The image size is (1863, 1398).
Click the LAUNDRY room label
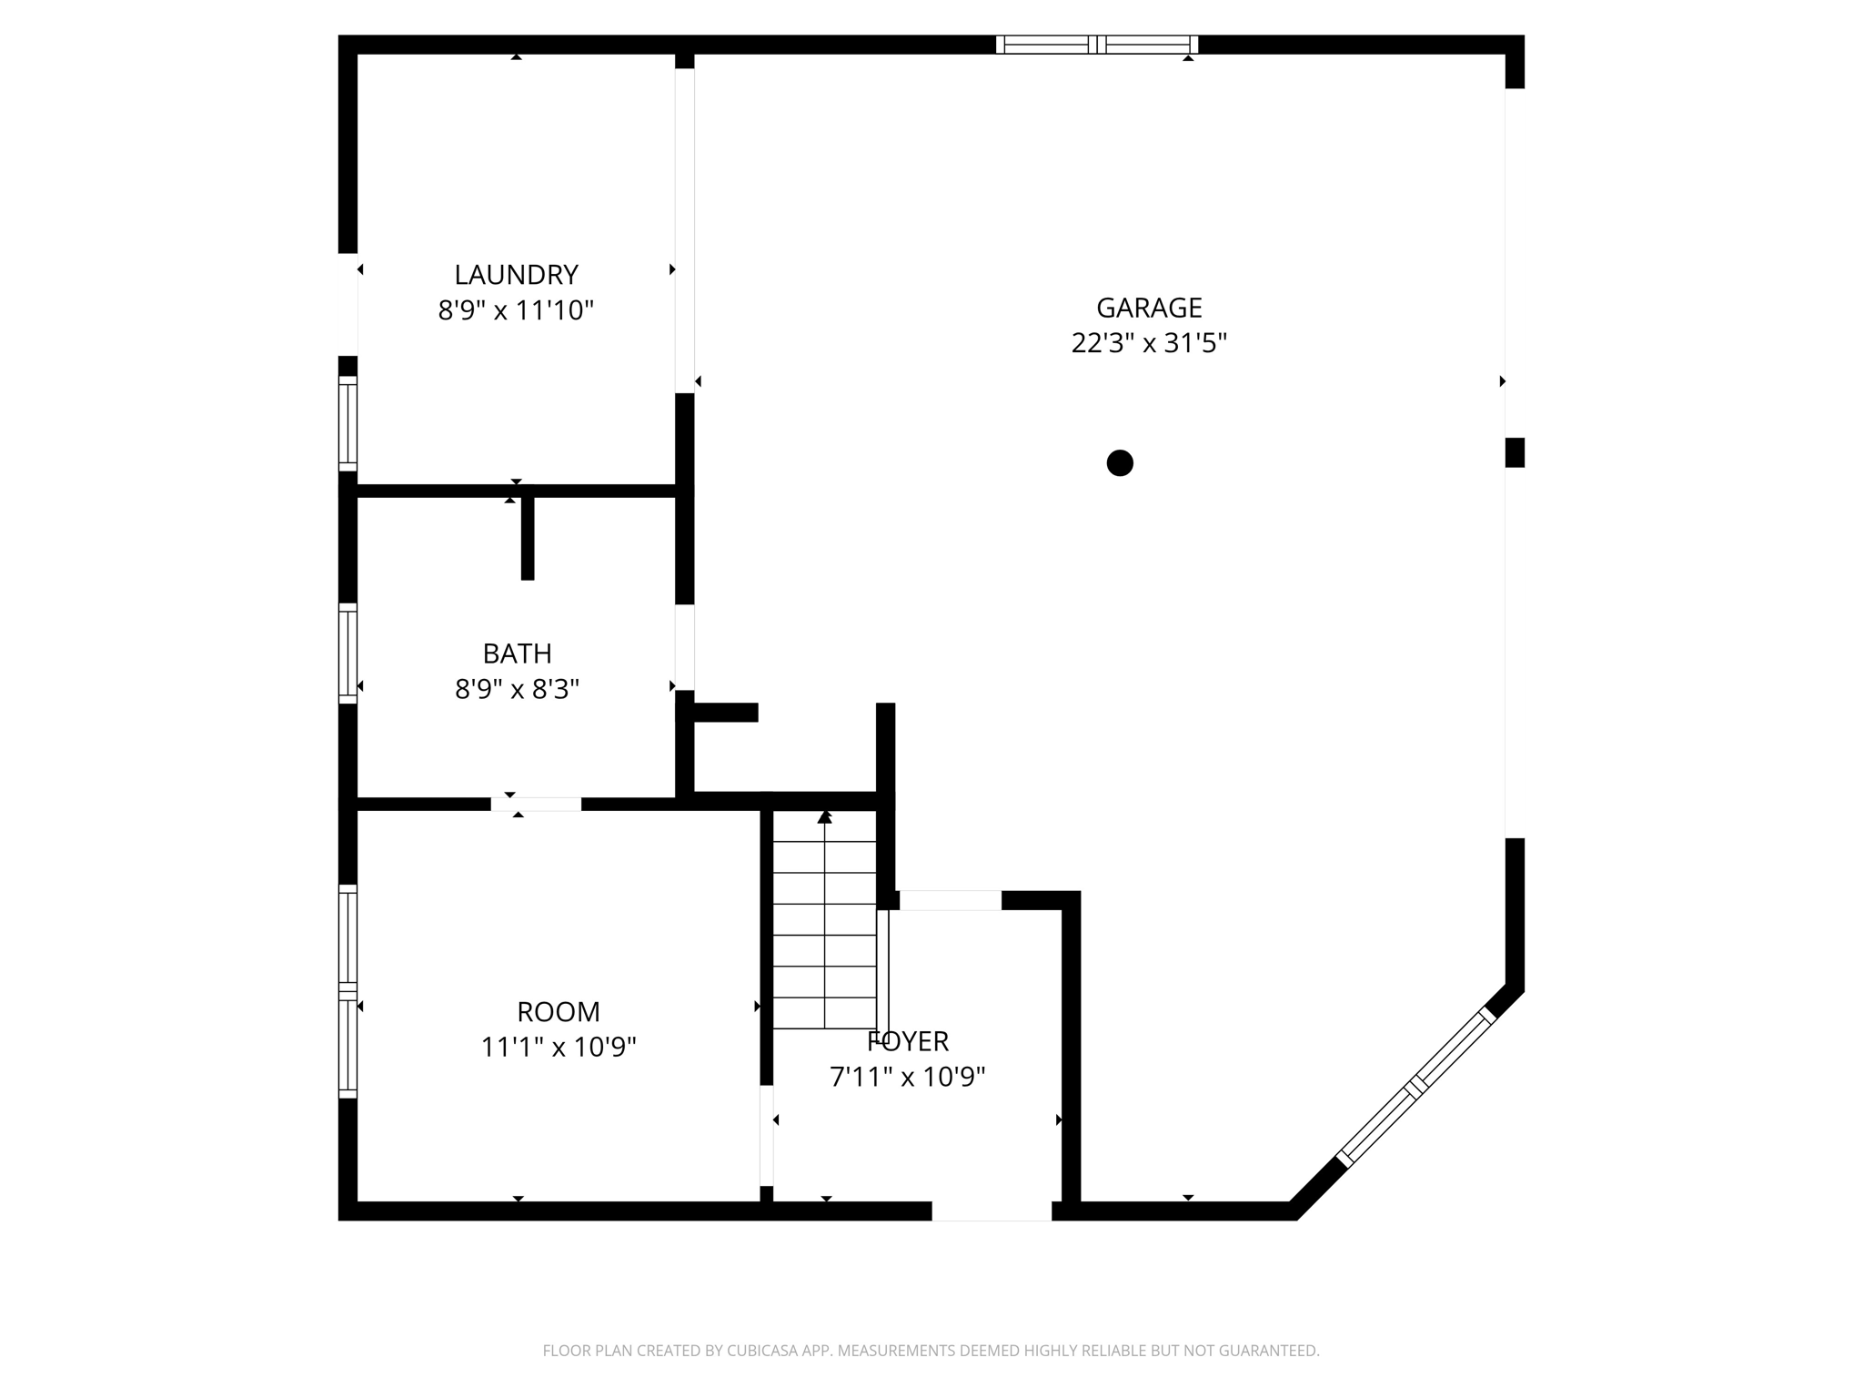(x=516, y=275)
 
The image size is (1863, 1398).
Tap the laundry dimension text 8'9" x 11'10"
(x=516, y=311)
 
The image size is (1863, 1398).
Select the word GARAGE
(x=1149, y=309)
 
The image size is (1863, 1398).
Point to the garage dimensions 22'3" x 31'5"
(x=1149, y=344)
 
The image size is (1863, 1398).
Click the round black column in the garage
(x=1120, y=463)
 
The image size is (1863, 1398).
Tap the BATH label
(x=517, y=653)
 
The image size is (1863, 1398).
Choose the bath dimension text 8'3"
(x=555, y=690)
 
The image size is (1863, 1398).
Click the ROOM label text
(x=558, y=1012)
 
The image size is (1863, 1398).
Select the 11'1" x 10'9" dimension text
(x=558, y=1048)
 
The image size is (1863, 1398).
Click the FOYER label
(x=908, y=1041)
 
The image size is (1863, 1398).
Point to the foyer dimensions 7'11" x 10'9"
(x=908, y=1078)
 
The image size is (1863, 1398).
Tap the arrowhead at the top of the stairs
(x=824, y=817)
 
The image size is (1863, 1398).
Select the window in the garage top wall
(x=1097, y=45)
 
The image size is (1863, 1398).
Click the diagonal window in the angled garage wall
(x=1415, y=1088)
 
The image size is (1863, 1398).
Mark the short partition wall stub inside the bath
(x=528, y=538)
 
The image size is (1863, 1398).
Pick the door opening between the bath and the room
(x=536, y=805)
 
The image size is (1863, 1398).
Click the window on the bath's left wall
(x=347, y=653)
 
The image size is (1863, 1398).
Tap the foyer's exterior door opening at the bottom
(x=992, y=1211)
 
